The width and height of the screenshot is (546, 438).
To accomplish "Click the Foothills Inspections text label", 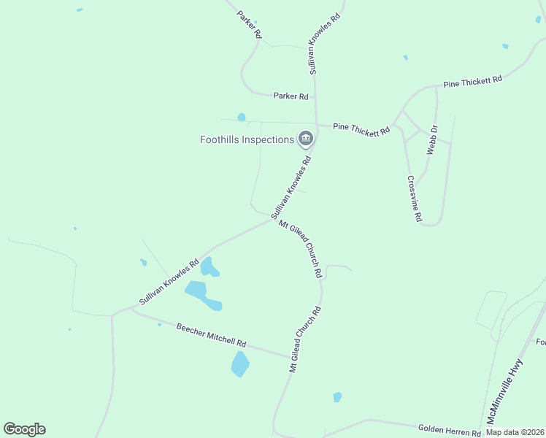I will tap(247, 139).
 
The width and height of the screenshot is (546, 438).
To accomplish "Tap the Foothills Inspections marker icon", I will tap(306, 138).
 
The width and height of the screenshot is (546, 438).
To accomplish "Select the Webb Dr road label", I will tap(432, 139).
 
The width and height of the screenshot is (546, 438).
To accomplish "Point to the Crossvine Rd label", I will tap(415, 199).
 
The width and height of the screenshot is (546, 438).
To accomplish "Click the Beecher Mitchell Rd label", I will tap(212, 334).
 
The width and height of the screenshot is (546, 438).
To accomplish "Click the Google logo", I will tap(24, 429).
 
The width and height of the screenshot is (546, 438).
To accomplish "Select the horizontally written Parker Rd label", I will tap(291, 96).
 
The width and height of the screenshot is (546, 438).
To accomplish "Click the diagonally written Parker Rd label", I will tap(249, 24).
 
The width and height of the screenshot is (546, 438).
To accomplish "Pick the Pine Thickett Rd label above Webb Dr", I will tap(472, 82).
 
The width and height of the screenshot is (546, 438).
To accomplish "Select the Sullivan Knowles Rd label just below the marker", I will tap(291, 188).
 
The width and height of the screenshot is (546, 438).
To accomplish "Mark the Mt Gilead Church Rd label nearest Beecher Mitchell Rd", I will tap(305, 340).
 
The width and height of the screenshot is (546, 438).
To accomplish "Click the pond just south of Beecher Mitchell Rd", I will tap(240, 363).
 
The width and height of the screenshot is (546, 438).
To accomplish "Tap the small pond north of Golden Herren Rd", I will tap(337, 397).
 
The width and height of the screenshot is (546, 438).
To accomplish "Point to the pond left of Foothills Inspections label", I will tap(242, 117).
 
